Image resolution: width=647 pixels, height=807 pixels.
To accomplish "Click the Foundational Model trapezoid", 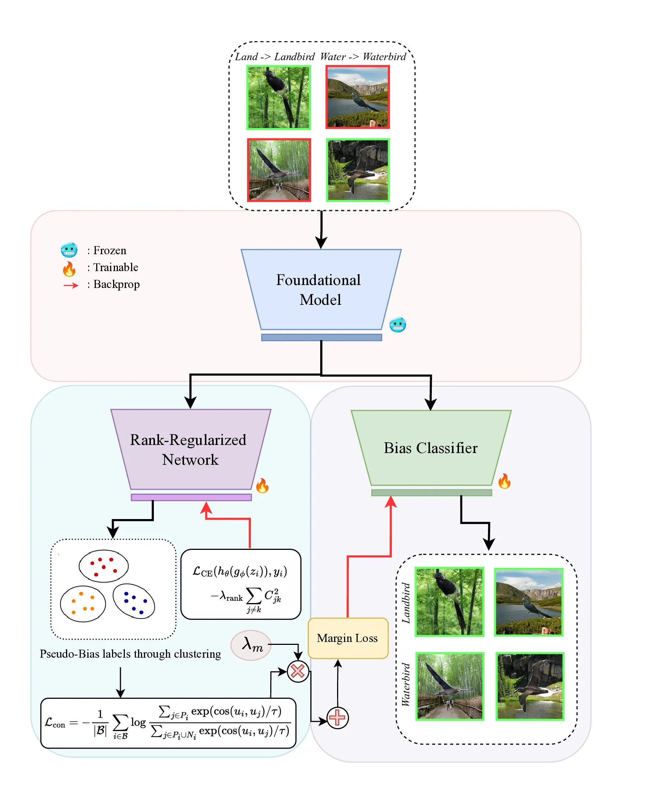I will pos(321,289).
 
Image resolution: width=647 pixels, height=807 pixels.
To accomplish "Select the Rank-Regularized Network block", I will pos(190,449).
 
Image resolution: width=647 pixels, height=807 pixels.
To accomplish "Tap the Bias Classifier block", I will pos(431,448).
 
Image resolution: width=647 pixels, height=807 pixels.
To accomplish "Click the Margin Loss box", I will pos(348,638).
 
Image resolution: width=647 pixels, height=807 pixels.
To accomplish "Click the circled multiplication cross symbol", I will pos(298,671).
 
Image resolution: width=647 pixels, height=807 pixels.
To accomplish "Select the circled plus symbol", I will pos(337,717).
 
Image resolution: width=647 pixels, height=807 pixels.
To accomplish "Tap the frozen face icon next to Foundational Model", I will pos(398,325).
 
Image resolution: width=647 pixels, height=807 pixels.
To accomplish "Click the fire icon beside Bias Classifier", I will pos(504,481).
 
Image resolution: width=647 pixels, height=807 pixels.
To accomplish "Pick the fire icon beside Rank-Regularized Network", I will pos(262,486).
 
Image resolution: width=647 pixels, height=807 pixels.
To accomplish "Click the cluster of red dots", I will pos(104,566).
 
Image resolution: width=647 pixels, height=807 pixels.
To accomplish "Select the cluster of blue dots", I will pos(134,601).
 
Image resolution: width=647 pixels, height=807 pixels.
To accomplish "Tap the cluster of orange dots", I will pos(83,603).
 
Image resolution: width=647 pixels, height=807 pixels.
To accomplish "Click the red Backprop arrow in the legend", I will pos(71,286).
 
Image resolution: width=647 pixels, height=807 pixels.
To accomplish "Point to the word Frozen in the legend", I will pos(109,251).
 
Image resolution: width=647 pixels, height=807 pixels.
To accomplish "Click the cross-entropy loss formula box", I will pos(241,584).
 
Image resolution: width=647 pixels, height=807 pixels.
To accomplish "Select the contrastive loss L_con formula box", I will pos(168,723).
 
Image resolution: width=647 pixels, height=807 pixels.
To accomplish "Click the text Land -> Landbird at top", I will pos(275,57).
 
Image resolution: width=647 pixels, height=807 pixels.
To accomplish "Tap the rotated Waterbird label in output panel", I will pos(406,684).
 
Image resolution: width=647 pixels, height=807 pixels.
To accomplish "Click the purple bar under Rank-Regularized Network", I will pos(191,497).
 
